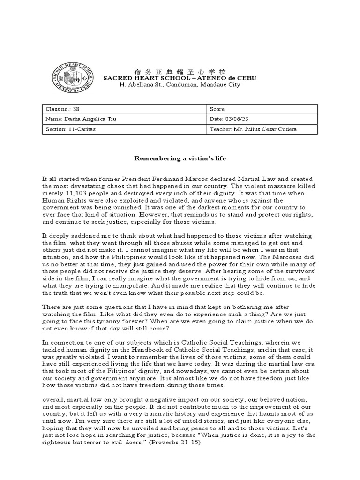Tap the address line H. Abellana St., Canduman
point(180,85)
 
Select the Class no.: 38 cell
point(124,109)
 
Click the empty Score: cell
point(262,109)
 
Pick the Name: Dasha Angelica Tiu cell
point(124,119)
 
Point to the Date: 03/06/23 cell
point(262,119)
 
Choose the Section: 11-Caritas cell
point(124,129)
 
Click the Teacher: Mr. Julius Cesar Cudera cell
point(262,129)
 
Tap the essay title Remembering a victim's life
point(180,158)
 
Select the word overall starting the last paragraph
point(53,399)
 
